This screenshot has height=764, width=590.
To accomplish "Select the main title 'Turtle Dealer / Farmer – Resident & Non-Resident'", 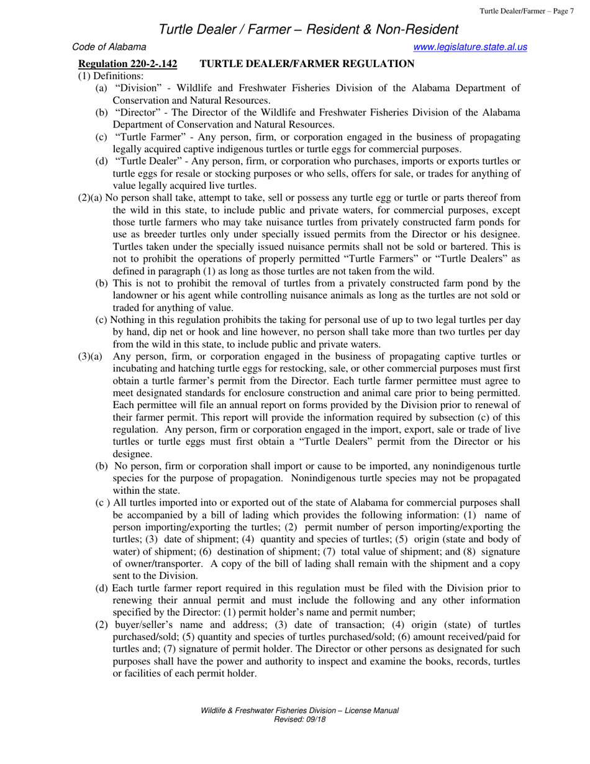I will click(x=309, y=29).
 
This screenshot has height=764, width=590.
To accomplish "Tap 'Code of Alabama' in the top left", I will click(x=110, y=47).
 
